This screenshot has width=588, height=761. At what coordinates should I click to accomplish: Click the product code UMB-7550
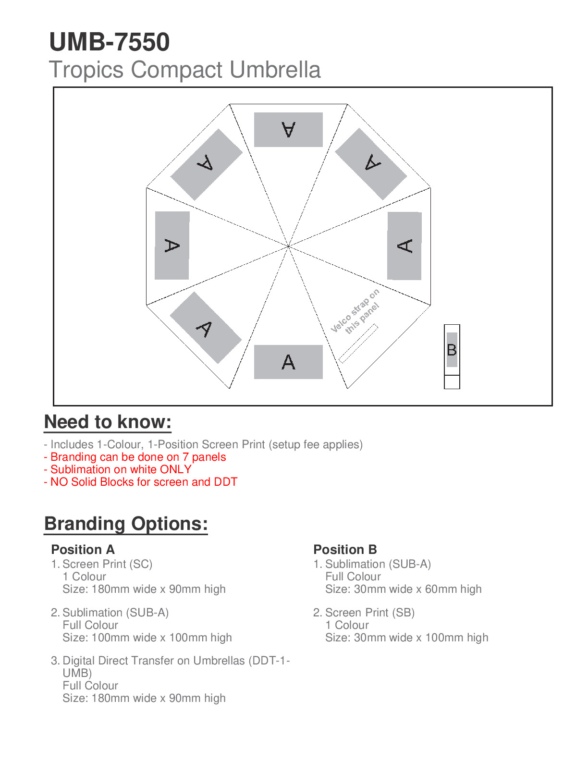[x=110, y=42]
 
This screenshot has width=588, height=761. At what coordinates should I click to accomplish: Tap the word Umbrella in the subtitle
[x=275, y=70]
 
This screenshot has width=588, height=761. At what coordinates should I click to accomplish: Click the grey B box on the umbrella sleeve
[x=452, y=349]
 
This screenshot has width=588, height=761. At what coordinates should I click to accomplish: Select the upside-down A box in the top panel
[x=288, y=130]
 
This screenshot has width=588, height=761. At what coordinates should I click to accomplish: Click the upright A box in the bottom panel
[x=288, y=362]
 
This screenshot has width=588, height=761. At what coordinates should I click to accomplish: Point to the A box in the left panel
[x=172, y=245]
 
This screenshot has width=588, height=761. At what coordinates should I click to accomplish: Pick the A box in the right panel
[x=404, y=245]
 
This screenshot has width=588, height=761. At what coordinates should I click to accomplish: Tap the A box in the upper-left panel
[x=207, y=164]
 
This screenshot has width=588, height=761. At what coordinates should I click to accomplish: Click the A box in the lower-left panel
[x=206, y=328]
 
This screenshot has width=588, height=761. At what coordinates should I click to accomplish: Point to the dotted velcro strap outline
[x=358, y=343]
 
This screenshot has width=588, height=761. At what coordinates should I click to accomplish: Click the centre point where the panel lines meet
[x=288, y=246]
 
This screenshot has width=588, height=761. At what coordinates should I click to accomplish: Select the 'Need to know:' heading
[x=108, y=422]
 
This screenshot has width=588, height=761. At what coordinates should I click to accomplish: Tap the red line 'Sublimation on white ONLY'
[x=118, y=469]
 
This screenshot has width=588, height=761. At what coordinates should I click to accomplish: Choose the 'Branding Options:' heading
[x=126, y=524]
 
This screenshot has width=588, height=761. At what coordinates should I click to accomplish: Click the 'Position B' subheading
[x=345, y=550]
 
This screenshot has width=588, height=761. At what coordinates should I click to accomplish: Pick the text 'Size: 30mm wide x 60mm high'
[x=403, y=589]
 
